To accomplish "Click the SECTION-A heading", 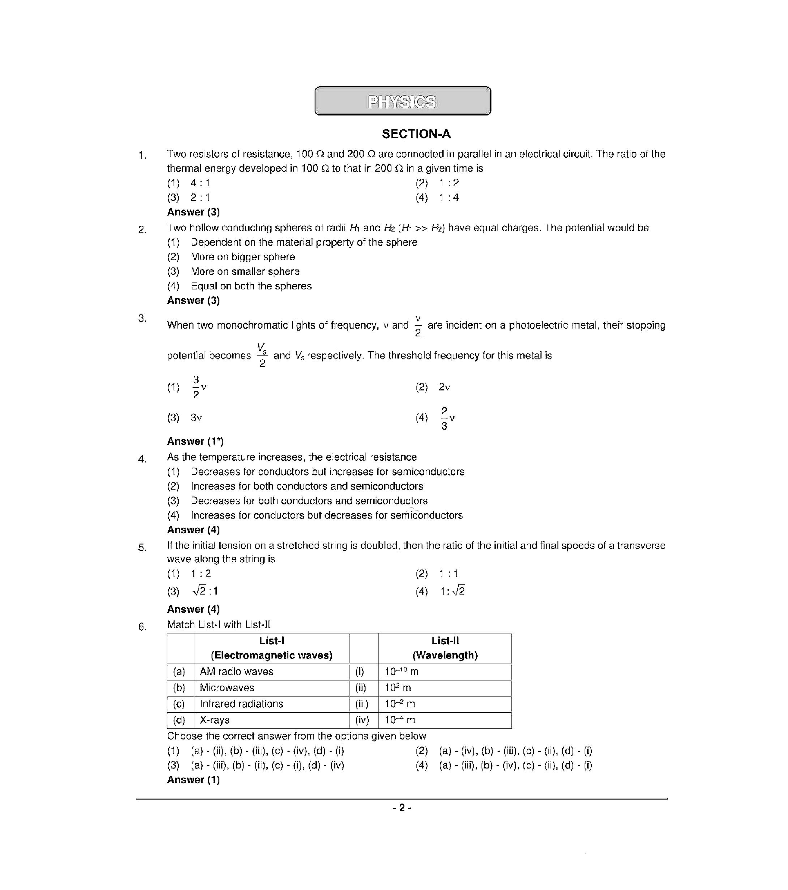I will click(x=416, y=134).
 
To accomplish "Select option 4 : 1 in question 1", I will click(x=200, y=183).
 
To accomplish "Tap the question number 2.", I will click(x=142, y=229).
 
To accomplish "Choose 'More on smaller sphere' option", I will click(x=245, y=271).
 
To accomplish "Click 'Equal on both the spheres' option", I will click(x=251, y=286).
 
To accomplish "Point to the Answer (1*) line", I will click(x=195, y=441).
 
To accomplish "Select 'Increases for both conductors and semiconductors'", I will click(x=306, y=486).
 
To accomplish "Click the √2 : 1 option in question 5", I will click(x=205, y=591).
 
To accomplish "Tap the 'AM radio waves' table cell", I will click(x=236, y=671).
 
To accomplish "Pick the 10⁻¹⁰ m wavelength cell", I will click(x=401, y=671).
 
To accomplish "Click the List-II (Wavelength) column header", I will click(x=445, y=648).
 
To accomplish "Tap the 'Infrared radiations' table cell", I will click(x=241, y=704).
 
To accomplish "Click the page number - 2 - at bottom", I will click(x=402, y=808).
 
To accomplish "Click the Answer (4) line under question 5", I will click(x=193, y=609).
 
